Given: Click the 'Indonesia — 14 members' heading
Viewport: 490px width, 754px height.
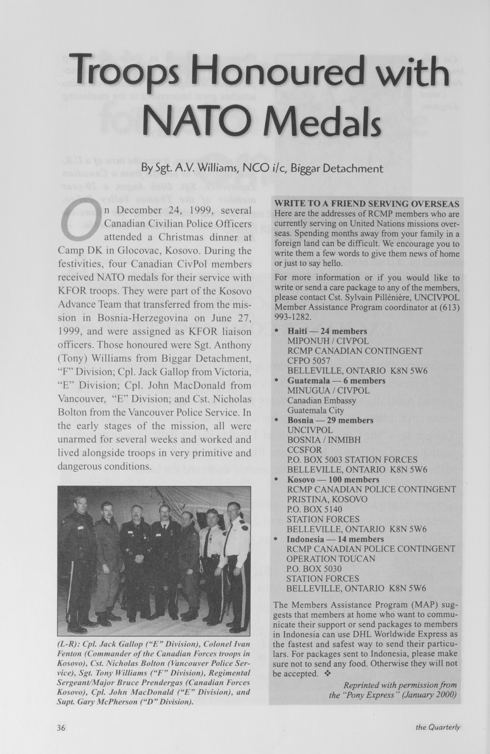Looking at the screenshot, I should tap(335, 539).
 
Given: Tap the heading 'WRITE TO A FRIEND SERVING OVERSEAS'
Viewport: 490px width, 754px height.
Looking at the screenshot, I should tap(367, 204).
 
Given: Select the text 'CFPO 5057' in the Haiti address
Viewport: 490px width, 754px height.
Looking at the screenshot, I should tap(309, 361).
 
